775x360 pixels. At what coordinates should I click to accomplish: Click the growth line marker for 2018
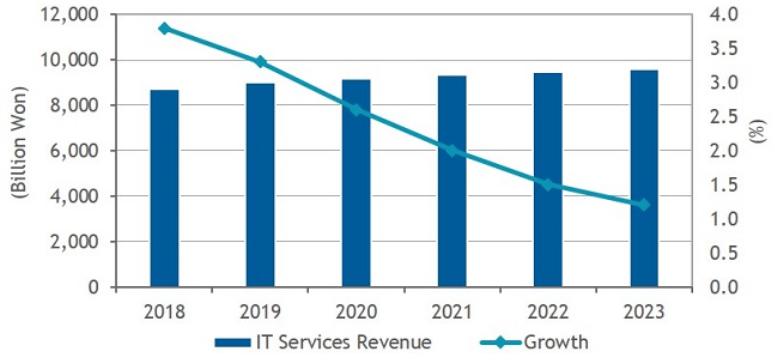[164, 28]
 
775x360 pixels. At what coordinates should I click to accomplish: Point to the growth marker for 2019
[260, 62]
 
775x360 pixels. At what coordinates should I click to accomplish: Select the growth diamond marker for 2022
[548, 184]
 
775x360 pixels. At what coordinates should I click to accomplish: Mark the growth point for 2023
[644, 205]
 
